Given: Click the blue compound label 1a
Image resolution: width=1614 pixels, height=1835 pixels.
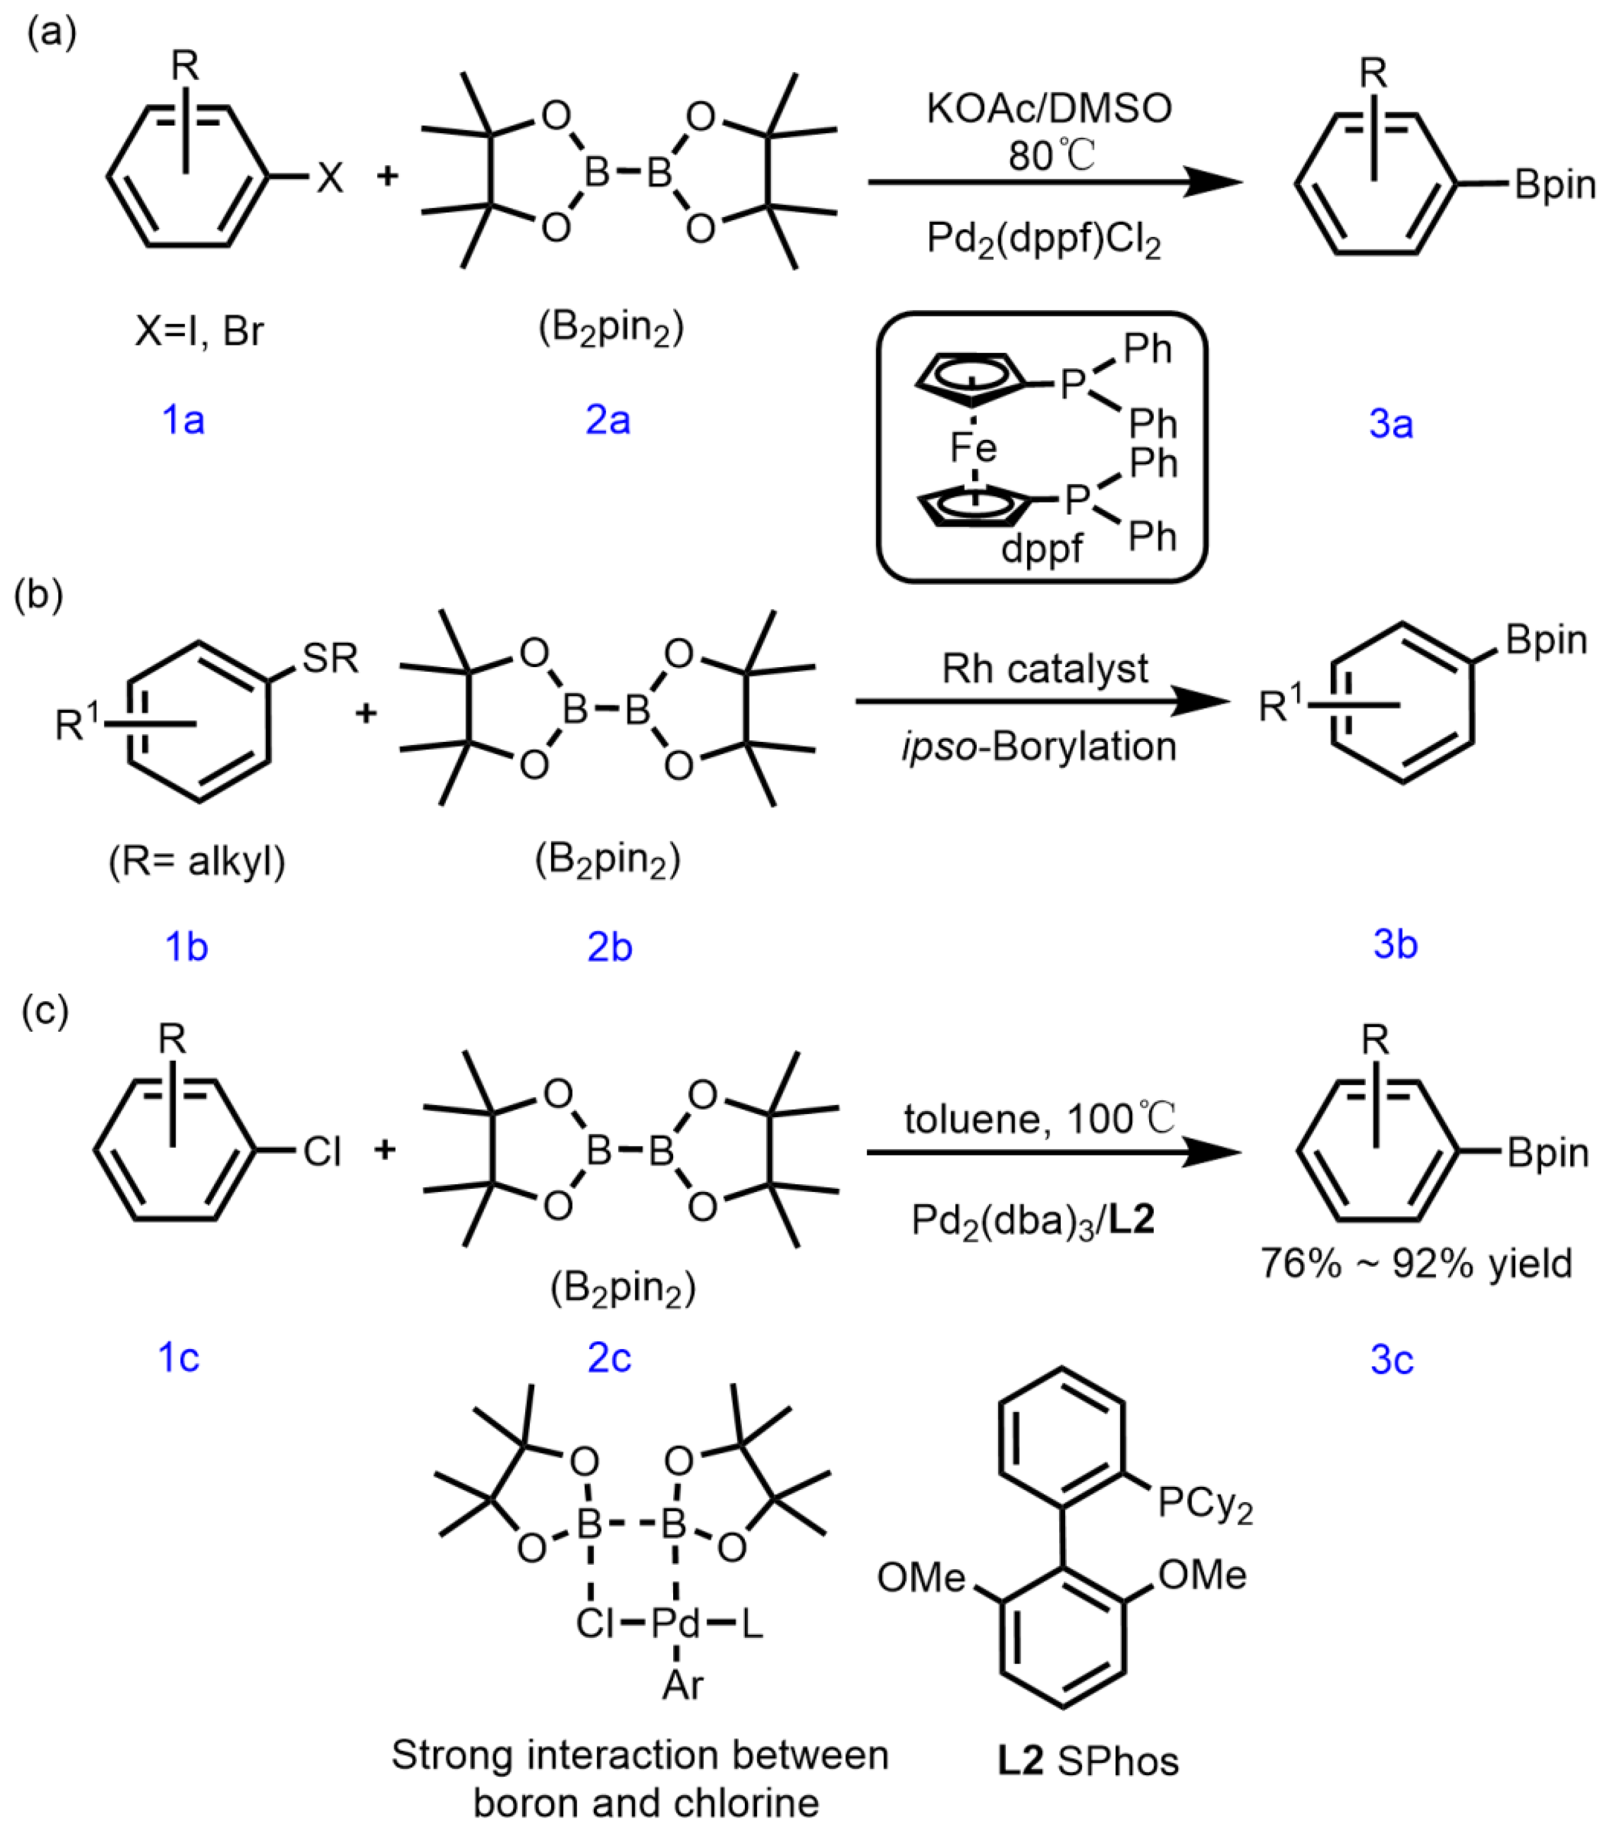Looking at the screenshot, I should (x=183, y=419).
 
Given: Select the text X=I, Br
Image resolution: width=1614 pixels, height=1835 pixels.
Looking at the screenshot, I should (x=199, y=331).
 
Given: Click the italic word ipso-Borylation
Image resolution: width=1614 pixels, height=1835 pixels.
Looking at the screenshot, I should (x=1040, y=747).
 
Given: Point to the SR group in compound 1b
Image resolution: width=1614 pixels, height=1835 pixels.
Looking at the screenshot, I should (x=330, y=659).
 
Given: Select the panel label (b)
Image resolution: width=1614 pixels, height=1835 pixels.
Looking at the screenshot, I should (x=38, y=595).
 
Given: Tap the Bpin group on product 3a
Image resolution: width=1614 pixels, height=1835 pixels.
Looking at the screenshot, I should (x=1555, y=185).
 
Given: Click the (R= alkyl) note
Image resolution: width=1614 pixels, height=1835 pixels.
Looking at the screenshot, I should (x=198, y=862).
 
